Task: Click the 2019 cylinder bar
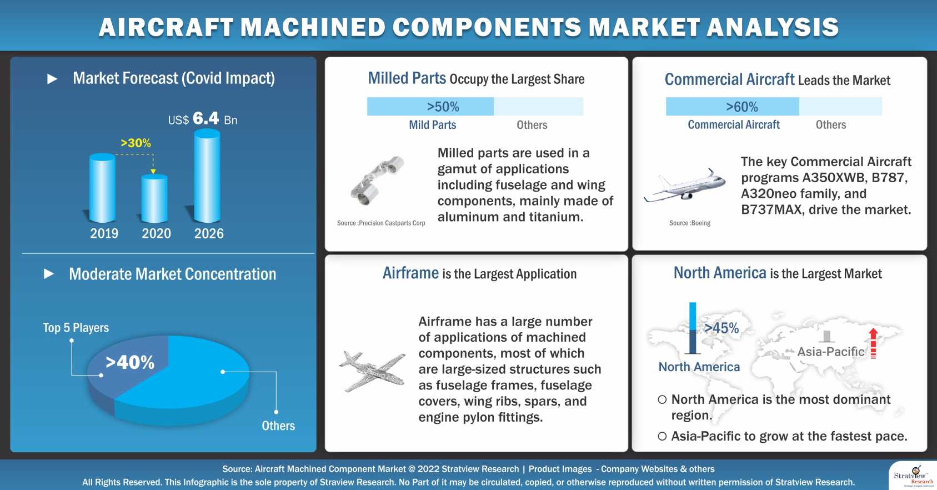point(103,188)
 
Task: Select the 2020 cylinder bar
point(154,199)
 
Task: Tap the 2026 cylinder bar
point(207,176)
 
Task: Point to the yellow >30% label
point(136,143)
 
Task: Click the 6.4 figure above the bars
point(206,119)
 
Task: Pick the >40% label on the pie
point(129,362)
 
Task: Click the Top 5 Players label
point(76,328)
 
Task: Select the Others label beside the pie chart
point(278,426)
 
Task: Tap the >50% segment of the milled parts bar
point(430,106)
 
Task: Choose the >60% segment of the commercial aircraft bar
point(733,106)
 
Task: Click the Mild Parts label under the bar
point(433,124)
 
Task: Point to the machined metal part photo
point(377,181)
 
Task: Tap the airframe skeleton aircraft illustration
point(372,371)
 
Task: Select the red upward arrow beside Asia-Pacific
point(873,343)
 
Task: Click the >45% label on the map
point(721,328)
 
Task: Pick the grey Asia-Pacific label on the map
point(831,352)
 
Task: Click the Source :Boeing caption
point(690,223)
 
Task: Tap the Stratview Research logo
point(913,476)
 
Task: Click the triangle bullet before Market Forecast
point(52,79)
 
